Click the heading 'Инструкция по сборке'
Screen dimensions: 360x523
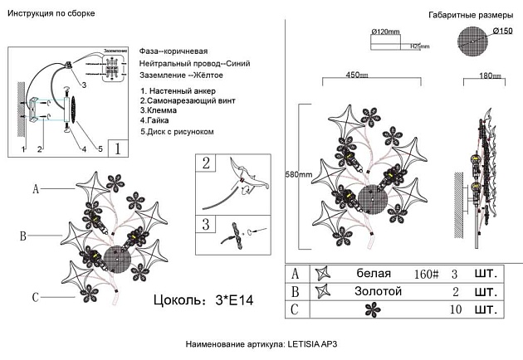pos(51,14)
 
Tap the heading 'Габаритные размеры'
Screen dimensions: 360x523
pos(466,16)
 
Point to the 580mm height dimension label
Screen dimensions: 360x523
pos(299,175)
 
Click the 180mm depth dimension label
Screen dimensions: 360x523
pos(491,76)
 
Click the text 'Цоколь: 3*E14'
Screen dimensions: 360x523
pos(203,299)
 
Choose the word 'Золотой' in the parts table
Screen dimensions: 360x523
pos(379,291)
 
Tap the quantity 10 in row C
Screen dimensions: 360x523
pos(454,309)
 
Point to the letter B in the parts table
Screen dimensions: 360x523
pos(295,291)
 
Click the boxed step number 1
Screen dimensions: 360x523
pos(119,149)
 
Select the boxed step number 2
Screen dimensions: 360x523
pos(205,163)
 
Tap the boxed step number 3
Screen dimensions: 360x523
pos(205,224)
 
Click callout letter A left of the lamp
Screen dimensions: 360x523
pos(35,189)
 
